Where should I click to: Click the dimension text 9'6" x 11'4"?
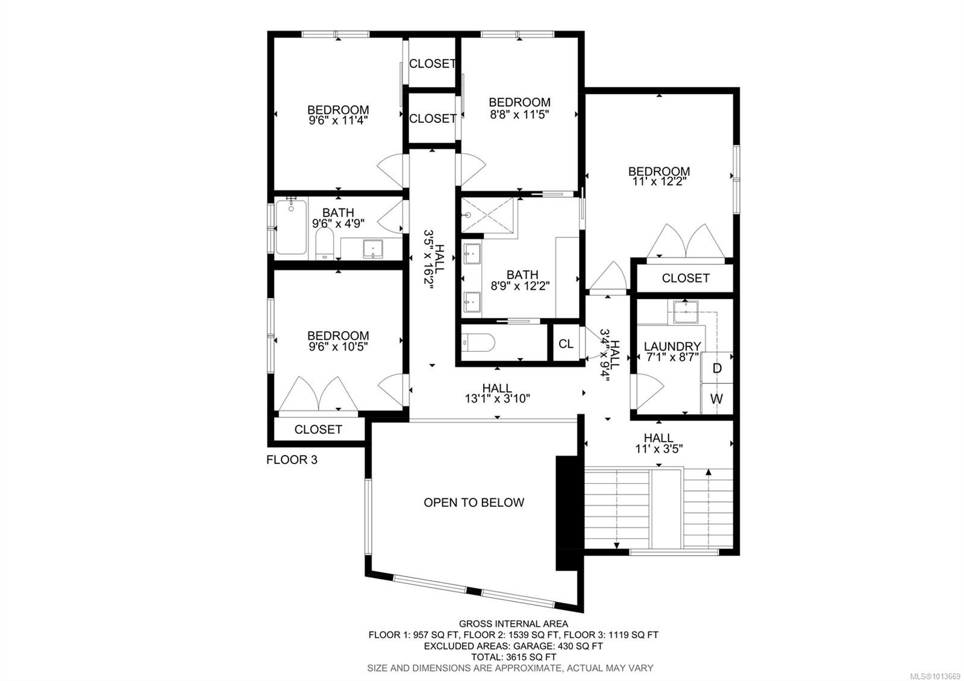click(x=338, y=121)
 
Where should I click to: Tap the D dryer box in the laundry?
click(x=717, y=368)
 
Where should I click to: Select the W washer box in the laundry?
click(x=717, y=399)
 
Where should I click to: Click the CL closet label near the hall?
click(x=566, y=344)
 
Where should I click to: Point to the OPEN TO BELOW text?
click(x=474, y=503)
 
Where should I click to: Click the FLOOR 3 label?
click(x=292, y=460)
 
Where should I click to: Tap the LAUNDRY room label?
click(x=672, y=347)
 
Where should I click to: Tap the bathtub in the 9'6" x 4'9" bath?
click(x=292, y=228)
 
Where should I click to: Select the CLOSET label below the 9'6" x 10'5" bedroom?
click(x=318, y=430)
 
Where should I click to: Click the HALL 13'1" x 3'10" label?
click(x=497, y=393)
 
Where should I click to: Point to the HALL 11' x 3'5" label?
click(x=658, y=444)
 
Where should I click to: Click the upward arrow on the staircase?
click(x=709, y=473)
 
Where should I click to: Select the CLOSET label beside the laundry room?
click(x=685, y=278)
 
